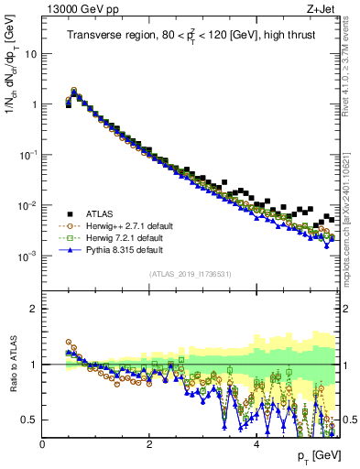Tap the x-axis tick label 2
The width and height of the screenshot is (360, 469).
click(x=149, y=444)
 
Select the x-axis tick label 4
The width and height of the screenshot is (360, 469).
click(x=256, y=444)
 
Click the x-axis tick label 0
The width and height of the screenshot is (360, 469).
click(x=43, y=444)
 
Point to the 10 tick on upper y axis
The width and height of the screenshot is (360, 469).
click(x=31, y=53)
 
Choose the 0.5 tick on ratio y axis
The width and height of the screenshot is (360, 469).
click(x=30, y=420)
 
